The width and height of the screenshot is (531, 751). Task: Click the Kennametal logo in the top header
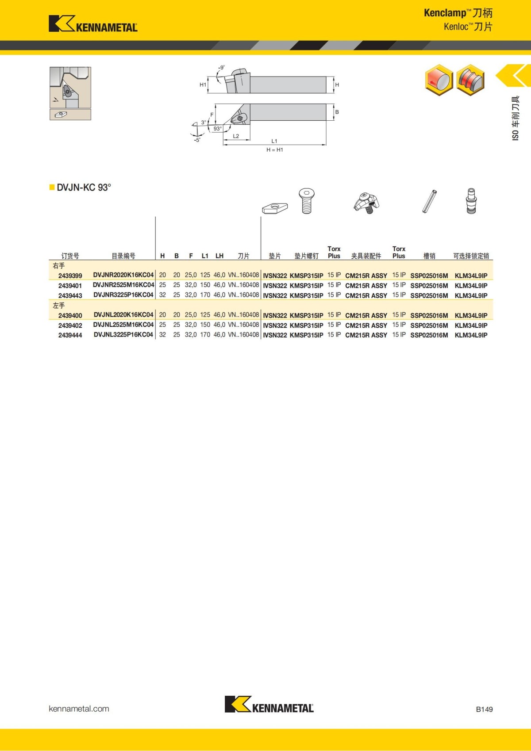click(x=93, y=24)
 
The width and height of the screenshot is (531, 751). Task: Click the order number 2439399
click(x=70, y=276)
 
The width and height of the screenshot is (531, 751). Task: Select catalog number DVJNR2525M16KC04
click(x=123, y=285)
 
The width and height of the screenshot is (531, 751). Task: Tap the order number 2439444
click(x=70, y=335)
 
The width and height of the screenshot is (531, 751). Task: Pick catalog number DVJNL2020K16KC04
click(x=123, y=315)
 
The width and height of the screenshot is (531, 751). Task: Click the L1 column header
click(x=205, y=256)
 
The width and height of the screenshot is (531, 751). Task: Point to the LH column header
click(x=219, y=256)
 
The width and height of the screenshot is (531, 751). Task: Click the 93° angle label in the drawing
click(x=217, y=129)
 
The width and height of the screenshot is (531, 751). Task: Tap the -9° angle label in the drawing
click(x=221, y=68)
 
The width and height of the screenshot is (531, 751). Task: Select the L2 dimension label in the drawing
click(x=236, y=136)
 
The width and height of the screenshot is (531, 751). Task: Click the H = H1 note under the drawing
click(x=274, y=150)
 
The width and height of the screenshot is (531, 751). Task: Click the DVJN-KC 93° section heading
click(x=84, y=188)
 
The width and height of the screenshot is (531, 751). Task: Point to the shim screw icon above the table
click(x=306, y=201)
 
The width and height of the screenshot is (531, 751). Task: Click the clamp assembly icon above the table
click(x=366, y=203)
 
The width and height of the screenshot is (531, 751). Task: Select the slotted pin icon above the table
click(x=429, y=201)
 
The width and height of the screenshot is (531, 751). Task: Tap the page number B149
click(x=484, y=709)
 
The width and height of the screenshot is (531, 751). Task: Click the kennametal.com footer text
click(x=79, y=709)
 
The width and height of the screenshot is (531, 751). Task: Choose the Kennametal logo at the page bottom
click(x=269, y=705)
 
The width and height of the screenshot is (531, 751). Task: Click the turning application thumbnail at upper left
click(x=70, y=88)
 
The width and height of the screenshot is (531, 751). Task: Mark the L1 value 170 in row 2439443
click(x=205, y=295)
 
